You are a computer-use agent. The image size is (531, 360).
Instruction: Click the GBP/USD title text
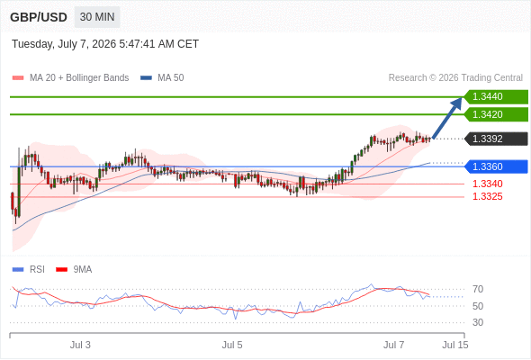point(39,17)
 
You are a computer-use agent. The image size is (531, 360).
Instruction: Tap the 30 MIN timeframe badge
point(97,17)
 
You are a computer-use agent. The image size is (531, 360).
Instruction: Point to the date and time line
point(105,44)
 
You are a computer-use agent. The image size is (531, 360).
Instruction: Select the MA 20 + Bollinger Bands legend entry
point(70,78)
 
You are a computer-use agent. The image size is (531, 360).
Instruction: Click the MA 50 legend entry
point(162,78)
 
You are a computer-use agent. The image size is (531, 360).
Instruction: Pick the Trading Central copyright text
point(455,78)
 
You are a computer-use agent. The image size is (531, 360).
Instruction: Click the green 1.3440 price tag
point(496,97)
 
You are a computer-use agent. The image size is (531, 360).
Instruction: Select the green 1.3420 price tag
point(496,114)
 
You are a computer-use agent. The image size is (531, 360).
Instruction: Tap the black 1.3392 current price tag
point(496,139)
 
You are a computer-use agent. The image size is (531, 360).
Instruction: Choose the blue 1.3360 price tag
point(496,166)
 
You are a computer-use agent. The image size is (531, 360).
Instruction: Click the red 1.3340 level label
point(487,184)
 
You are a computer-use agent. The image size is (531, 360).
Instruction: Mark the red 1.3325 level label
point(487,196)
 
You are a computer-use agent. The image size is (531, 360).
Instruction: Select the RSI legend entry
point(29,270)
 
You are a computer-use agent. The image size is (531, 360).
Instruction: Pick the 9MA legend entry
point(74,270)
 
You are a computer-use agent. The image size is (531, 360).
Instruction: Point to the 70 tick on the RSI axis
point(478,289)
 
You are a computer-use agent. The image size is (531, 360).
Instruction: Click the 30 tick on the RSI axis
point(478,322)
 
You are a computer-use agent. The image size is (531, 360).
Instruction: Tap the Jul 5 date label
point(232,345)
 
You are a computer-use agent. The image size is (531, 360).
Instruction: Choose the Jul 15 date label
point(455,345)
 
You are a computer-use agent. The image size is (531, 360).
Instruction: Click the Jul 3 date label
point(80,345)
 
